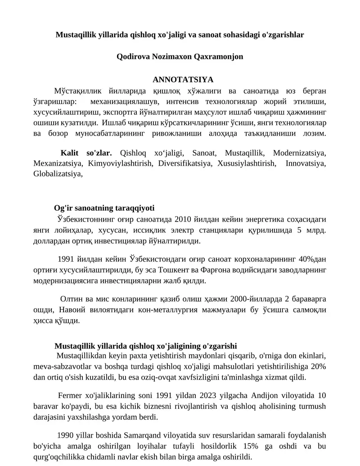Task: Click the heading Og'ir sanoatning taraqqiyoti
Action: [x=104, y=208]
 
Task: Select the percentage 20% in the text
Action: [x=318, y=366]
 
